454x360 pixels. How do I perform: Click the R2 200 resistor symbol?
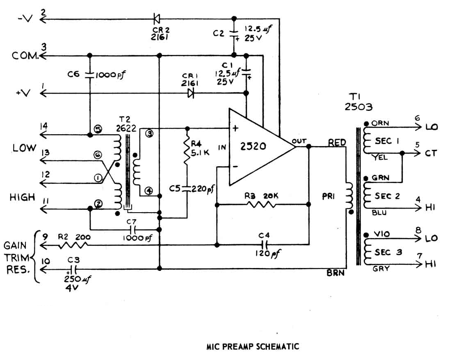pyautogui.click(x=73, y=245)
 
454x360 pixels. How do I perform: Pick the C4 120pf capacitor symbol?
pyautogui.click(x=263, y=245)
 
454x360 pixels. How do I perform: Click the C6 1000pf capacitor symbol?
pyautogui.click(x=89, y=75)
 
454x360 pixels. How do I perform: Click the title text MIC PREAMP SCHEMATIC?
pyautogui.click(x=253, y=346)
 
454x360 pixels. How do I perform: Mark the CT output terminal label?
pyautogui.click(x=432, y=153)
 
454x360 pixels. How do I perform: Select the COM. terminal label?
pyautogui.click(x=26, y=56)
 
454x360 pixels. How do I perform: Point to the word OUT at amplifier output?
pyautogui.click(x=299, y=141)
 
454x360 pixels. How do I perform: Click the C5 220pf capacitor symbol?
pyautogui.click(x=187, y=188)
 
